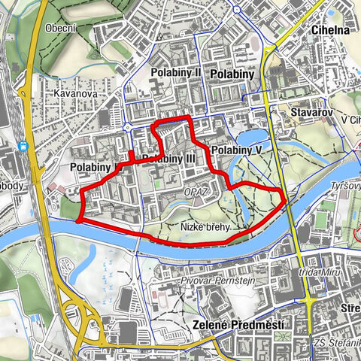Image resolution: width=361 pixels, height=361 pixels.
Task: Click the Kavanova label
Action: pyautogui.click(x=71, y=93)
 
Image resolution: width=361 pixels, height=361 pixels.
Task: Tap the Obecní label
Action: pyautogui.click(x=59, y=28)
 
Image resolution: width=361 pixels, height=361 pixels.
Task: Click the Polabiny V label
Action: pyautogui.click(x=236, y=151)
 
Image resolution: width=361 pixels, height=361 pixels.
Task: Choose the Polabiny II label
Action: pyautogui.click(x=176, y=72)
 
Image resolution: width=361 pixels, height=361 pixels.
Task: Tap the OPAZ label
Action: pyautogui.click(x=193, y=193)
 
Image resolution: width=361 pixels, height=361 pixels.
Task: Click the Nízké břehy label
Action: pyautogui.click(x=204, y=226)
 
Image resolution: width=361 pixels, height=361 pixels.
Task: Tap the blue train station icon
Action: pyautogui.click(x=26, y=146)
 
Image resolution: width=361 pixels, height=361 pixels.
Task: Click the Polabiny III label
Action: pyautogui.click(x=168, y=159)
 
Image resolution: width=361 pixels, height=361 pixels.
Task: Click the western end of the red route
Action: pyautogui.click(x=77, y=220)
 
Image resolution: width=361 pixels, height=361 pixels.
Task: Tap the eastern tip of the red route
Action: pyautogui.click(x=284, y=199)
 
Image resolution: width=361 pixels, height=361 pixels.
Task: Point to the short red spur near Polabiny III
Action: pyautogui.click(x=132, y=156)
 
